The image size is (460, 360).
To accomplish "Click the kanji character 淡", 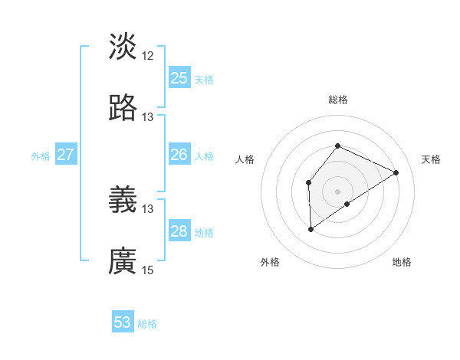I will coord(123,47).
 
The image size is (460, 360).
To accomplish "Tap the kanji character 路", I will coord(123,108).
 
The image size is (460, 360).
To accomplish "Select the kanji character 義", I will coord(123,200).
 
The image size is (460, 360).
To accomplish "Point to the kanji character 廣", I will coord(123,261).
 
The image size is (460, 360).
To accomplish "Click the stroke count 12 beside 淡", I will coord(148,56).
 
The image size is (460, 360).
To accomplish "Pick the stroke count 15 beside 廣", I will coord(148,270).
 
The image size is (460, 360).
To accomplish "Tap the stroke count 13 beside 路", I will coord(148,117).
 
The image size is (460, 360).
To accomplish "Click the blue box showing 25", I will coord(179,78).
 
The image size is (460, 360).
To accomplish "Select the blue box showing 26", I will coord(179,155).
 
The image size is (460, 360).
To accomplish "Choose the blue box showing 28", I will coord(179,231).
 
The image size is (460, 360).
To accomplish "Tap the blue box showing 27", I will coord(65,155).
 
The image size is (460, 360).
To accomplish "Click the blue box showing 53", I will coord(123,322).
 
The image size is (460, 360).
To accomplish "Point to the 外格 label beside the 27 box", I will coord(41,155).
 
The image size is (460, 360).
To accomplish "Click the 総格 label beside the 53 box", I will coord(147,324).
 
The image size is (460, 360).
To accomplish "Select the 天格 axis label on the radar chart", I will coord(431,159).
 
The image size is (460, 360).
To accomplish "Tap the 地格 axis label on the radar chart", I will coord(402,262).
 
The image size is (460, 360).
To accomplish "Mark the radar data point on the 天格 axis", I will coord(396,172).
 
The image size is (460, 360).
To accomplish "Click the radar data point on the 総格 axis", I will coord(337,146).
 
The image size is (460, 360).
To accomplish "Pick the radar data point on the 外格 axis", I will coord(310,228).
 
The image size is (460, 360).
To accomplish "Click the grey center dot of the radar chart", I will coord(337,191).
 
